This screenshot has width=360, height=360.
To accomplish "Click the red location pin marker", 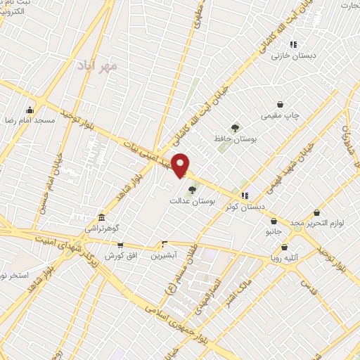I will coord(181,166).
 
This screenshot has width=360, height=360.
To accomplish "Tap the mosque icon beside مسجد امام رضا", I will coord(30,110).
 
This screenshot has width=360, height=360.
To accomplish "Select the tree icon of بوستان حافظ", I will coord(235,128).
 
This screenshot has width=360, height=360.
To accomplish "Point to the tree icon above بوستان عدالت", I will coord(191,188).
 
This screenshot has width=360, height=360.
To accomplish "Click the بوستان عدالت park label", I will coord(191,200).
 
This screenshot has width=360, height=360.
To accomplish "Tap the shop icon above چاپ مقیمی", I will coord(280,103).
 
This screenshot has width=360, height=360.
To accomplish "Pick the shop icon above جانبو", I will coord(273,221).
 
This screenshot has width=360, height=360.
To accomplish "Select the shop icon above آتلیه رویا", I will coord(284,247).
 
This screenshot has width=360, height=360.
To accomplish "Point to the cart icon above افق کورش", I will coord(120,245).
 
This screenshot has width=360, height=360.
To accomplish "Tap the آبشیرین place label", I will coord(165,255).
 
